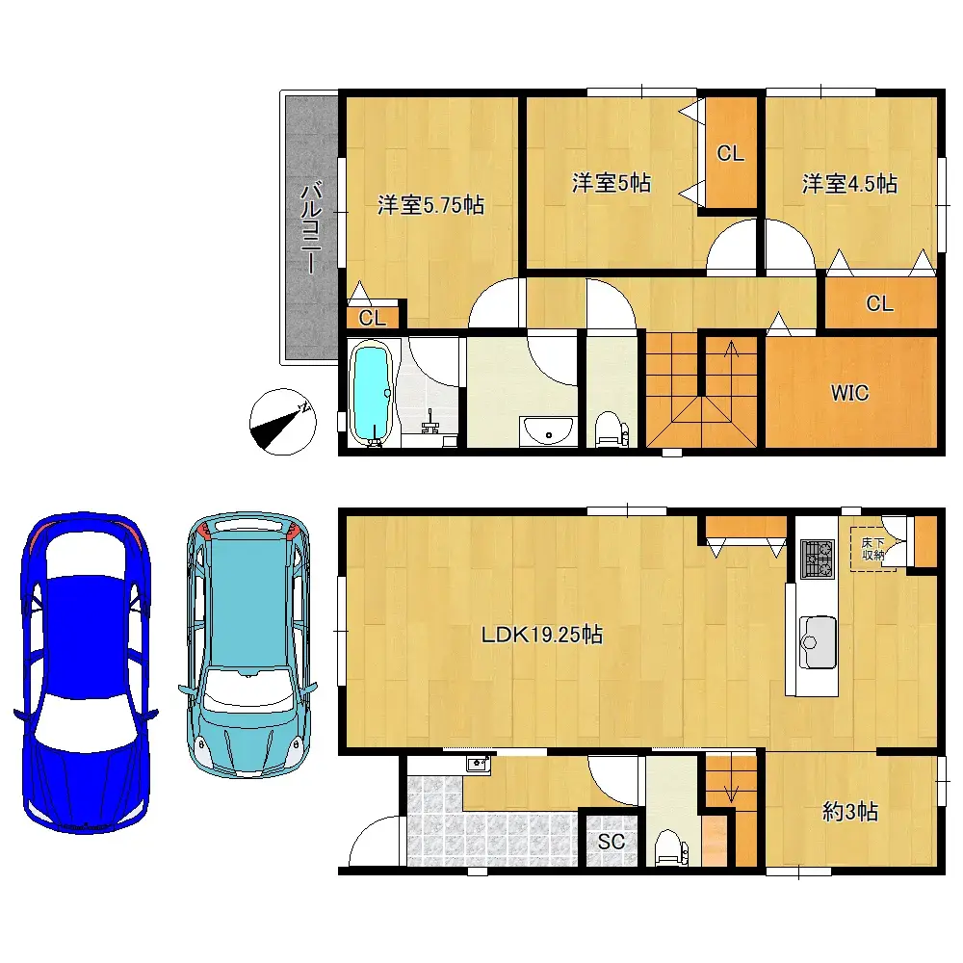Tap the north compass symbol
282,423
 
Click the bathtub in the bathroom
371,394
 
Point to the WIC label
850,393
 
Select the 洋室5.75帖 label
429,204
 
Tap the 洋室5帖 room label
611,183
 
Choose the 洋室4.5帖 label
850,183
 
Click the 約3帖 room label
850,812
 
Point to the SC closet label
612,842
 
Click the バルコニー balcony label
310,228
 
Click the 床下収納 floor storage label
872,549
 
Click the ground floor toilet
667,846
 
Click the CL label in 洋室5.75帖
373,317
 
